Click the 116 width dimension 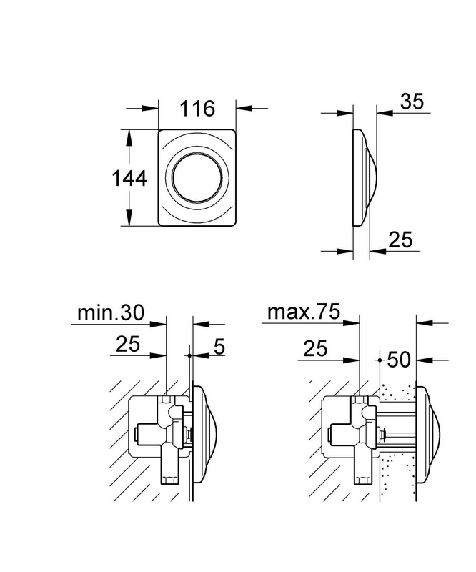(x=197, y=109)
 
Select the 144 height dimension (x=129, y=179)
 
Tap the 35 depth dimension (x=412, y=101)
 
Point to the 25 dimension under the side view (x=400, y=240)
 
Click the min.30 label (x=111, y=312)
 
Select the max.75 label (x=304, y=312)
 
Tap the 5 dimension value (x=219, y=346)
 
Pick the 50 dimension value (x=399, y=360)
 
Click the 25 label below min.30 (x=128, y=344)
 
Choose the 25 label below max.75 (x=315, y=348)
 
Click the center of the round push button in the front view (x=197, y=177)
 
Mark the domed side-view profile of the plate (x=365, y=177)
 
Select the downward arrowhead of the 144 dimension (x=129, y=218)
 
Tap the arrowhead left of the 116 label (x=150, y=109)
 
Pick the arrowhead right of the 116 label (x=244, y=109)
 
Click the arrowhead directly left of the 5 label (x=200, y=355)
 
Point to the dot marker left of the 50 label (x=380, y=360)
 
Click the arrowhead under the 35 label (x=385, y=113)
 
